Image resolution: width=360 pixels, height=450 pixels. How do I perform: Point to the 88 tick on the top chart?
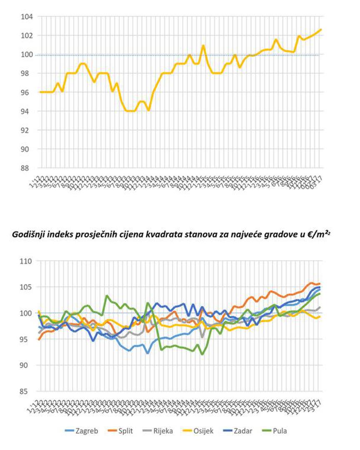point(28,168)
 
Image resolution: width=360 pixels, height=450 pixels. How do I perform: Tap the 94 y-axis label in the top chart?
point(28,111)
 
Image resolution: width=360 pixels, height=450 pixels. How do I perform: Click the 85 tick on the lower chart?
point(28,391)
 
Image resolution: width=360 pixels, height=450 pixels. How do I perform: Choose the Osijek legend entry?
point(201,431)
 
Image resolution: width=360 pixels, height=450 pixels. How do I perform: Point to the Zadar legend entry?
point(241,431)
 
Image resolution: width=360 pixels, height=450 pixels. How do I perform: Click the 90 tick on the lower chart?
point(28,365)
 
